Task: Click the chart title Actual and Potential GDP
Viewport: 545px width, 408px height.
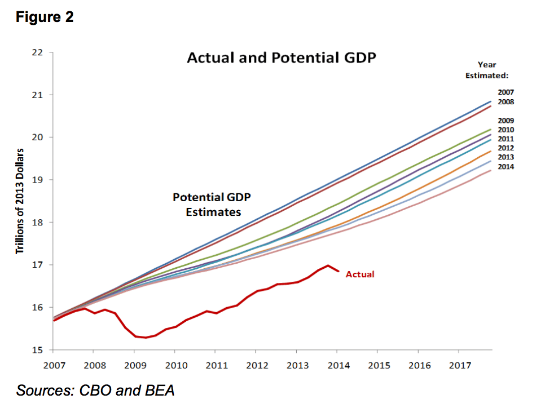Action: [281, 58]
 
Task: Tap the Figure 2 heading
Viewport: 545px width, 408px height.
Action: [44, 17]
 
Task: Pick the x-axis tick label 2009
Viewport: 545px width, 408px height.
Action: [134, 365]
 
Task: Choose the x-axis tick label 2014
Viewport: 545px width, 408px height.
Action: [338, 365]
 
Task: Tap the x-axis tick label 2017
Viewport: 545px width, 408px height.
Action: [460, 365]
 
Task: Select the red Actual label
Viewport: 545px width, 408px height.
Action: [360, 274]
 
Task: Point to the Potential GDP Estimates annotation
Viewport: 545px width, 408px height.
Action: [212, 205]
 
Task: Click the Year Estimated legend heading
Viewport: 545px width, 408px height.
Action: [487, 70]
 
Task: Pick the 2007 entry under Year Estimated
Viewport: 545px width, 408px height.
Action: [506, 91]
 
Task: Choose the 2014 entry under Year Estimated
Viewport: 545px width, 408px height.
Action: [506, 166]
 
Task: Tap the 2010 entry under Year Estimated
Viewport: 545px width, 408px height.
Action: [506, 130]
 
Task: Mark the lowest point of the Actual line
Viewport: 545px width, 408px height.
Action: [146, 338]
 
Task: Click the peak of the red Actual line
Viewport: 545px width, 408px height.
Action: [328, 265]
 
